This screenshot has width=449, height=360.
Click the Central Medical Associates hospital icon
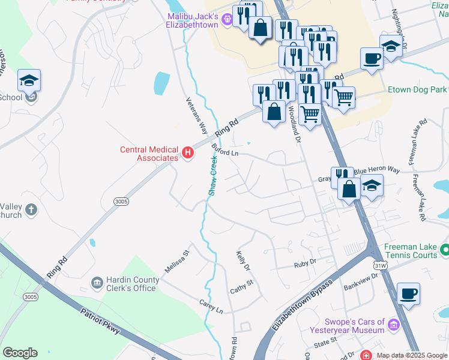[187, 153]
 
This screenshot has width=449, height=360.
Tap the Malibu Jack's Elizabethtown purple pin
[227, 20]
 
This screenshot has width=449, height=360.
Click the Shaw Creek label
[212, 175]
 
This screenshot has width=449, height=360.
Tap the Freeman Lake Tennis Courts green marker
[444, 248]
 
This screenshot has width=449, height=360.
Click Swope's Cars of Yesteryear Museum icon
[394, 325]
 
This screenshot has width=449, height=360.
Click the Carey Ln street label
[211, 307]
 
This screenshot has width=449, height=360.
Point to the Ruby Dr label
[304, 263]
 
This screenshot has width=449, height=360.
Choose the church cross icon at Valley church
[31, 209]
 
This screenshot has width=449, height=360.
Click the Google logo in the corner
[20, 353]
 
